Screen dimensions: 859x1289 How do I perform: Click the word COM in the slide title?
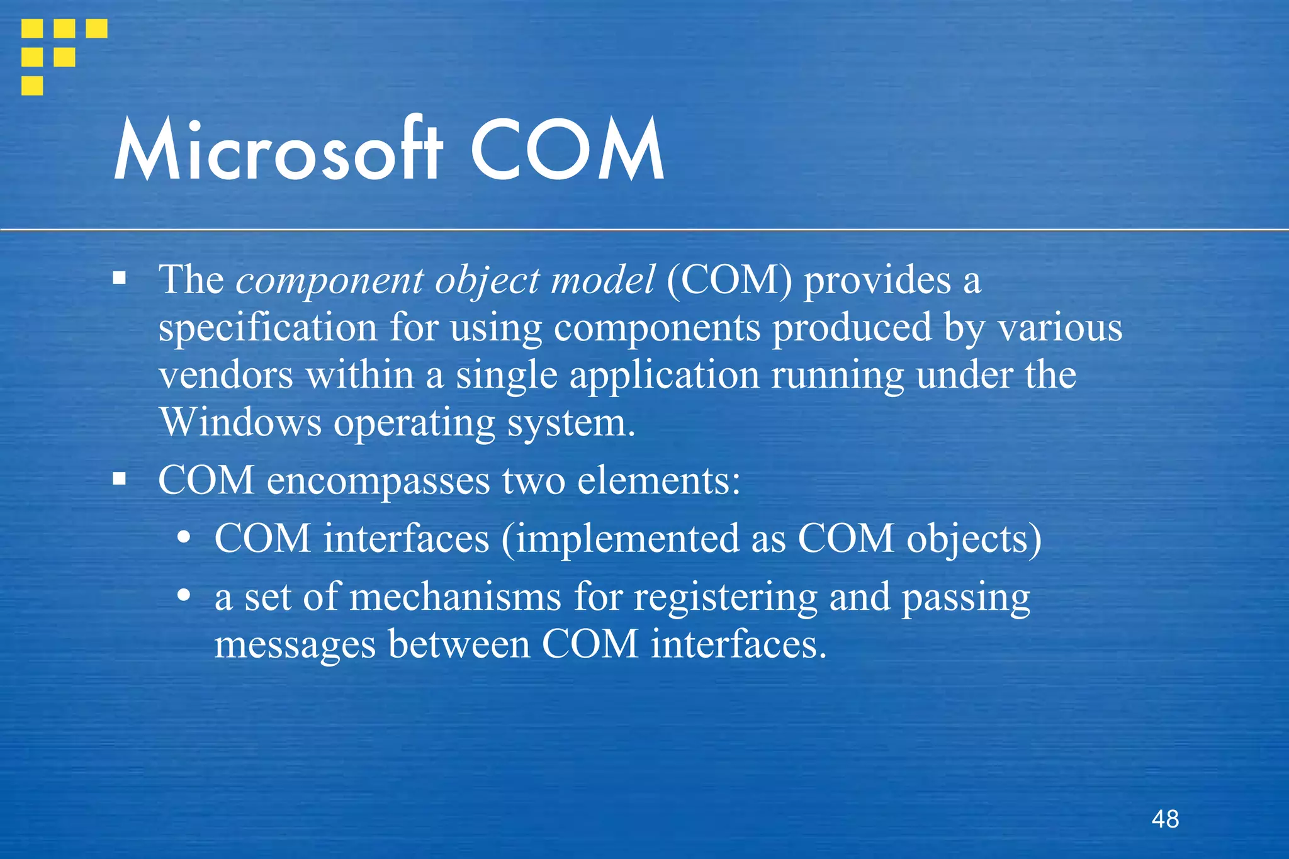point(566,151)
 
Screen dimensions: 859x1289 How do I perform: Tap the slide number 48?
point(1165,819)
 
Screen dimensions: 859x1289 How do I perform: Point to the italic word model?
point(602,280)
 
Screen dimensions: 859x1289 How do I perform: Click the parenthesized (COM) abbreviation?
point(729,280)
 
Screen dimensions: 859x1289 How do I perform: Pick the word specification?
point(267,328)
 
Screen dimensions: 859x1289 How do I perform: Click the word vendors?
point(225,376)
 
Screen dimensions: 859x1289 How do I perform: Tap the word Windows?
point(240,422)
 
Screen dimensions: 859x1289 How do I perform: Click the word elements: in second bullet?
point(658,480)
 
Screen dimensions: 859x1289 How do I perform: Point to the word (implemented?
point(620,539)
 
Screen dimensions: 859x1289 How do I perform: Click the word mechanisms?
point(455,597)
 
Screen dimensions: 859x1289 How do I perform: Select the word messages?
point(295,645)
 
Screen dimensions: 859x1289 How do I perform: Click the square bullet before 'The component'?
point(120,278)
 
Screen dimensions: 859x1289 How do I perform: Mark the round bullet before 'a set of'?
point(184,595)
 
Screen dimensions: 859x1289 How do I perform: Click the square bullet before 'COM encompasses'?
point(120,480)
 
